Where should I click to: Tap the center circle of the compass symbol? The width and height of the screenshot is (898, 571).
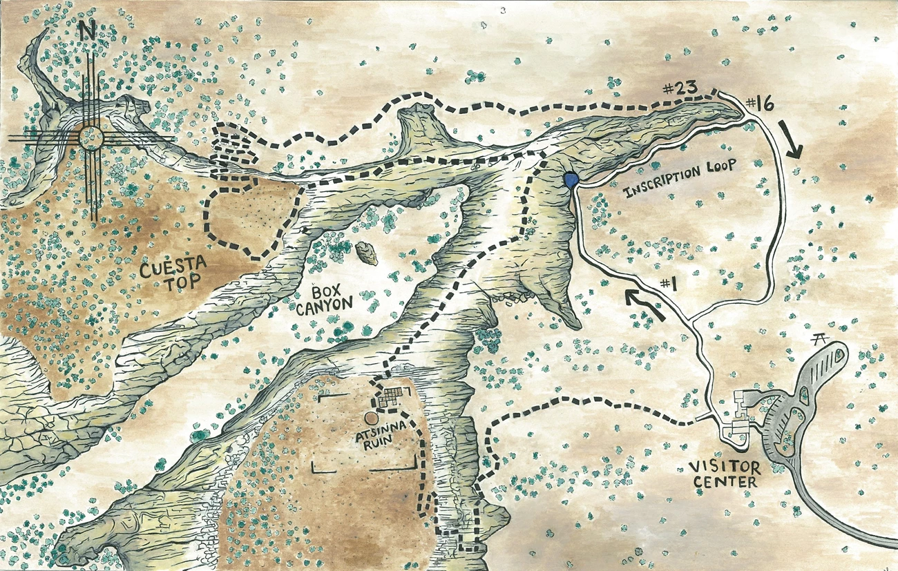(90, 136)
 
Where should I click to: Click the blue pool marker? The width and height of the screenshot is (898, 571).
(570, 180)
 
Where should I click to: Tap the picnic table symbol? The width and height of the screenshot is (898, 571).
(821, 338)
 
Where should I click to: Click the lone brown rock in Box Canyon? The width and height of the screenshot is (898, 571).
(367, 253)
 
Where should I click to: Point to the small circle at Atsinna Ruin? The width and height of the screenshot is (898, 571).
(371, 418)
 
